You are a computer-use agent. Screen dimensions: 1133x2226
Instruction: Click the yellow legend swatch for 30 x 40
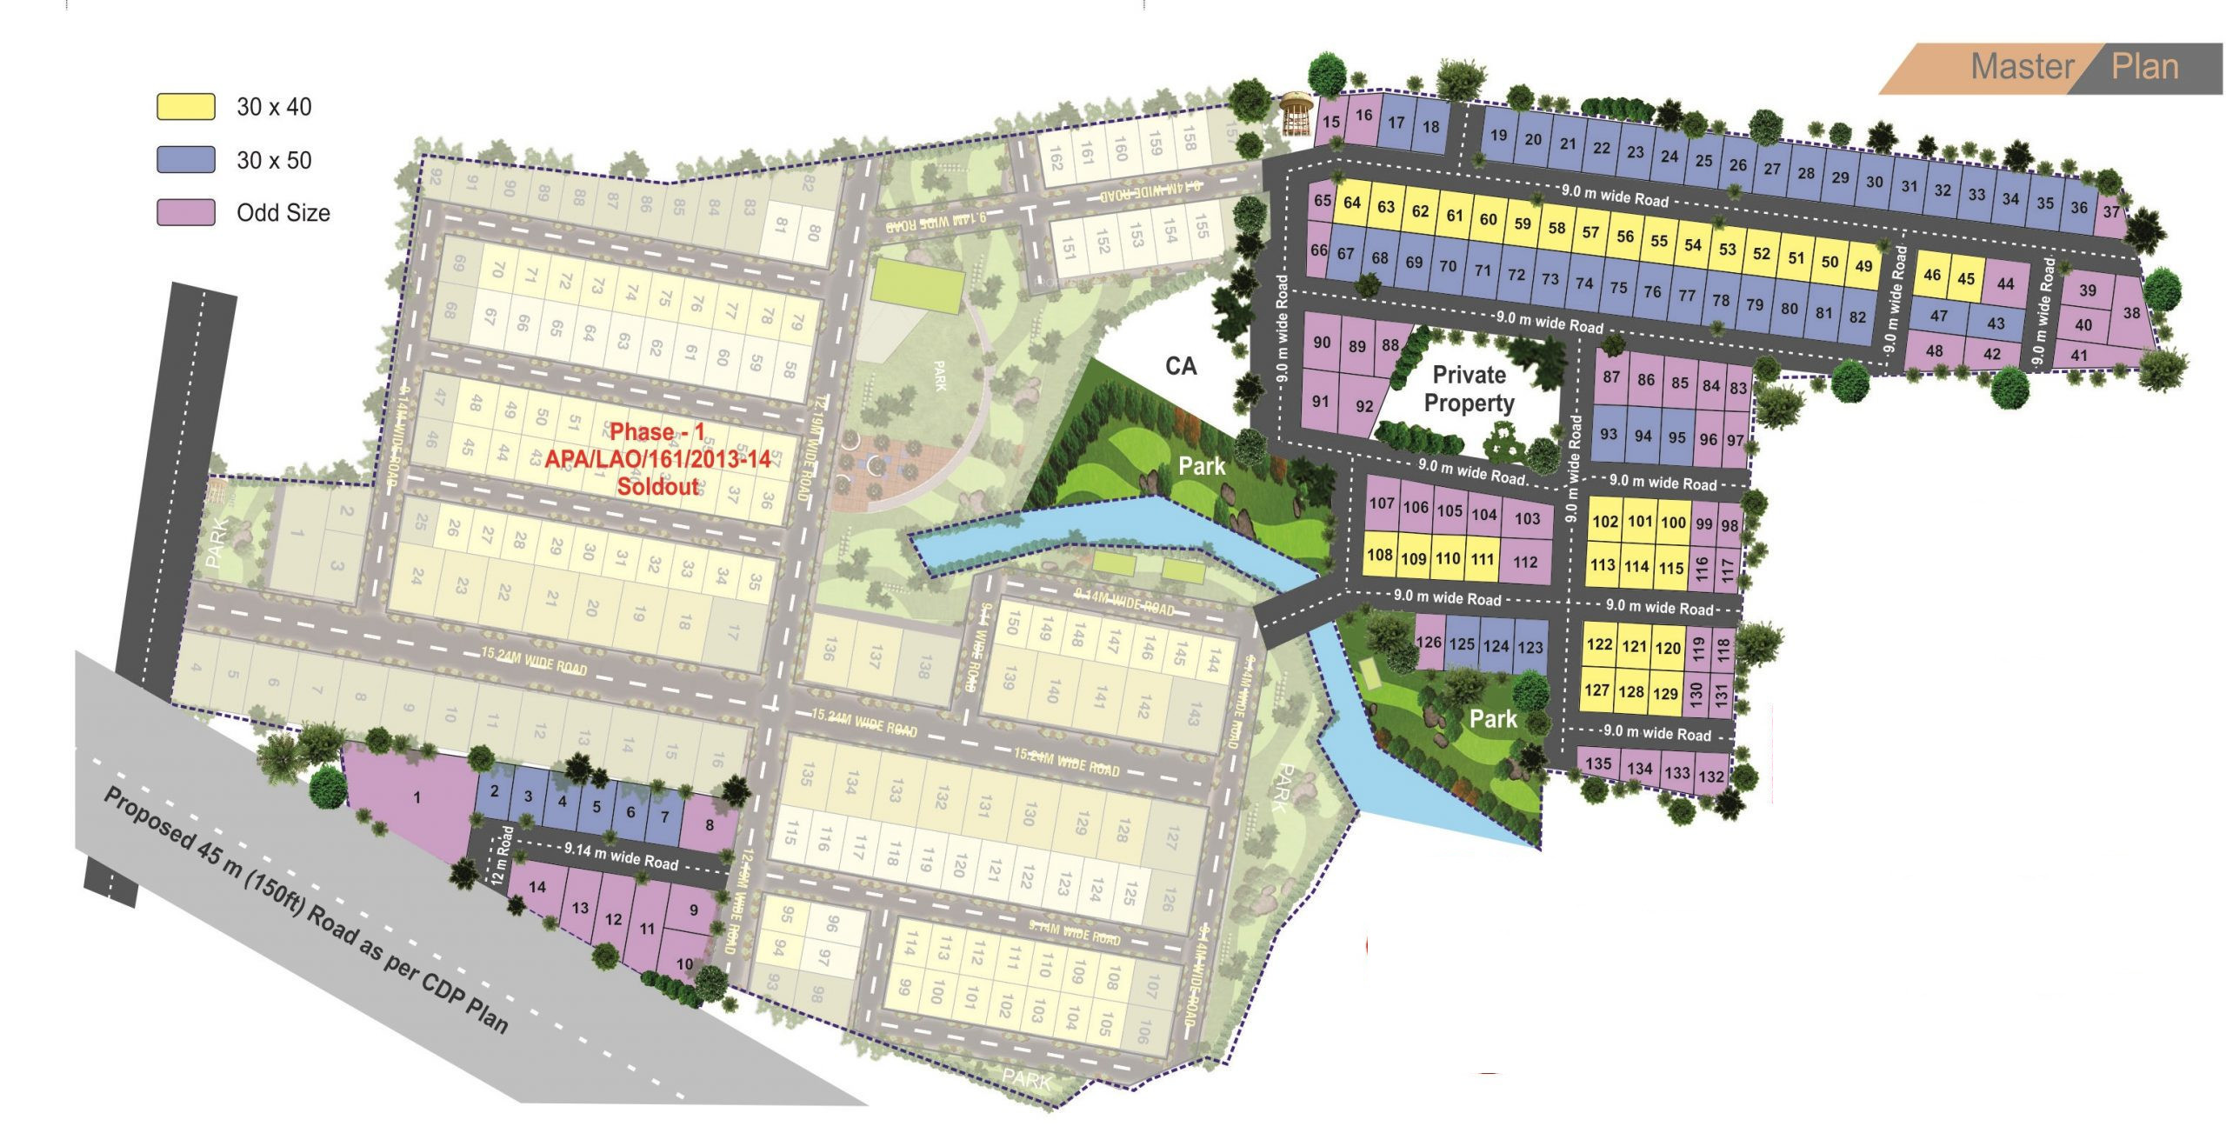pyautogui.click(x=185, y=106)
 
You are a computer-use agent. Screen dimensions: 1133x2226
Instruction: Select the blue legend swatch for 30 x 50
pyautogui.click(x=185, y=160)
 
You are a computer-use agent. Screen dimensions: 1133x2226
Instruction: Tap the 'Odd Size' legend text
pyautogui.click(x=283, y=213)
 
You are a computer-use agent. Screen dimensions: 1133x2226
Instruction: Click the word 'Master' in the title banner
pyautogui.click(x=2022, y=67)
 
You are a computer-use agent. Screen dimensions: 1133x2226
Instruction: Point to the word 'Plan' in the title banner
pyautogui.click(x=2144, y=67)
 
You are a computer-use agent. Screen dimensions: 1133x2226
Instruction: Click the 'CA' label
pyautogui.click(x=1180, y=366)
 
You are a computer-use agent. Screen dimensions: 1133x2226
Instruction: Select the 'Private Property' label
pyautogui.click(x=1469, y=389)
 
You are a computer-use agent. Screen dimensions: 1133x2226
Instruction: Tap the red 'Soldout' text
pyautogui.click(x=657, y=486)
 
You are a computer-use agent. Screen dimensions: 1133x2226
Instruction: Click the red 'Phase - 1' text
pyautogui.click(x=656, y=432)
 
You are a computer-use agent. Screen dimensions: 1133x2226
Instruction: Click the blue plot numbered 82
pyautogui.click(x=1857, y=318)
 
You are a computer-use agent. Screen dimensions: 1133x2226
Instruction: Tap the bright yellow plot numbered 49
pyautogui.click(x=1863, y=266)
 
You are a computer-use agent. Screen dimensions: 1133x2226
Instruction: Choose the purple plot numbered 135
pyautogui.click(x=1598, y=764)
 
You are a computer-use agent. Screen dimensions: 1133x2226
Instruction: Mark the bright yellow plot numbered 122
pyautogui.click(x=1599, y=644)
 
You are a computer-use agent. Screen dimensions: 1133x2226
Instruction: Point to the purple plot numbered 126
pyautogui.click(x=1429, y=643)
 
